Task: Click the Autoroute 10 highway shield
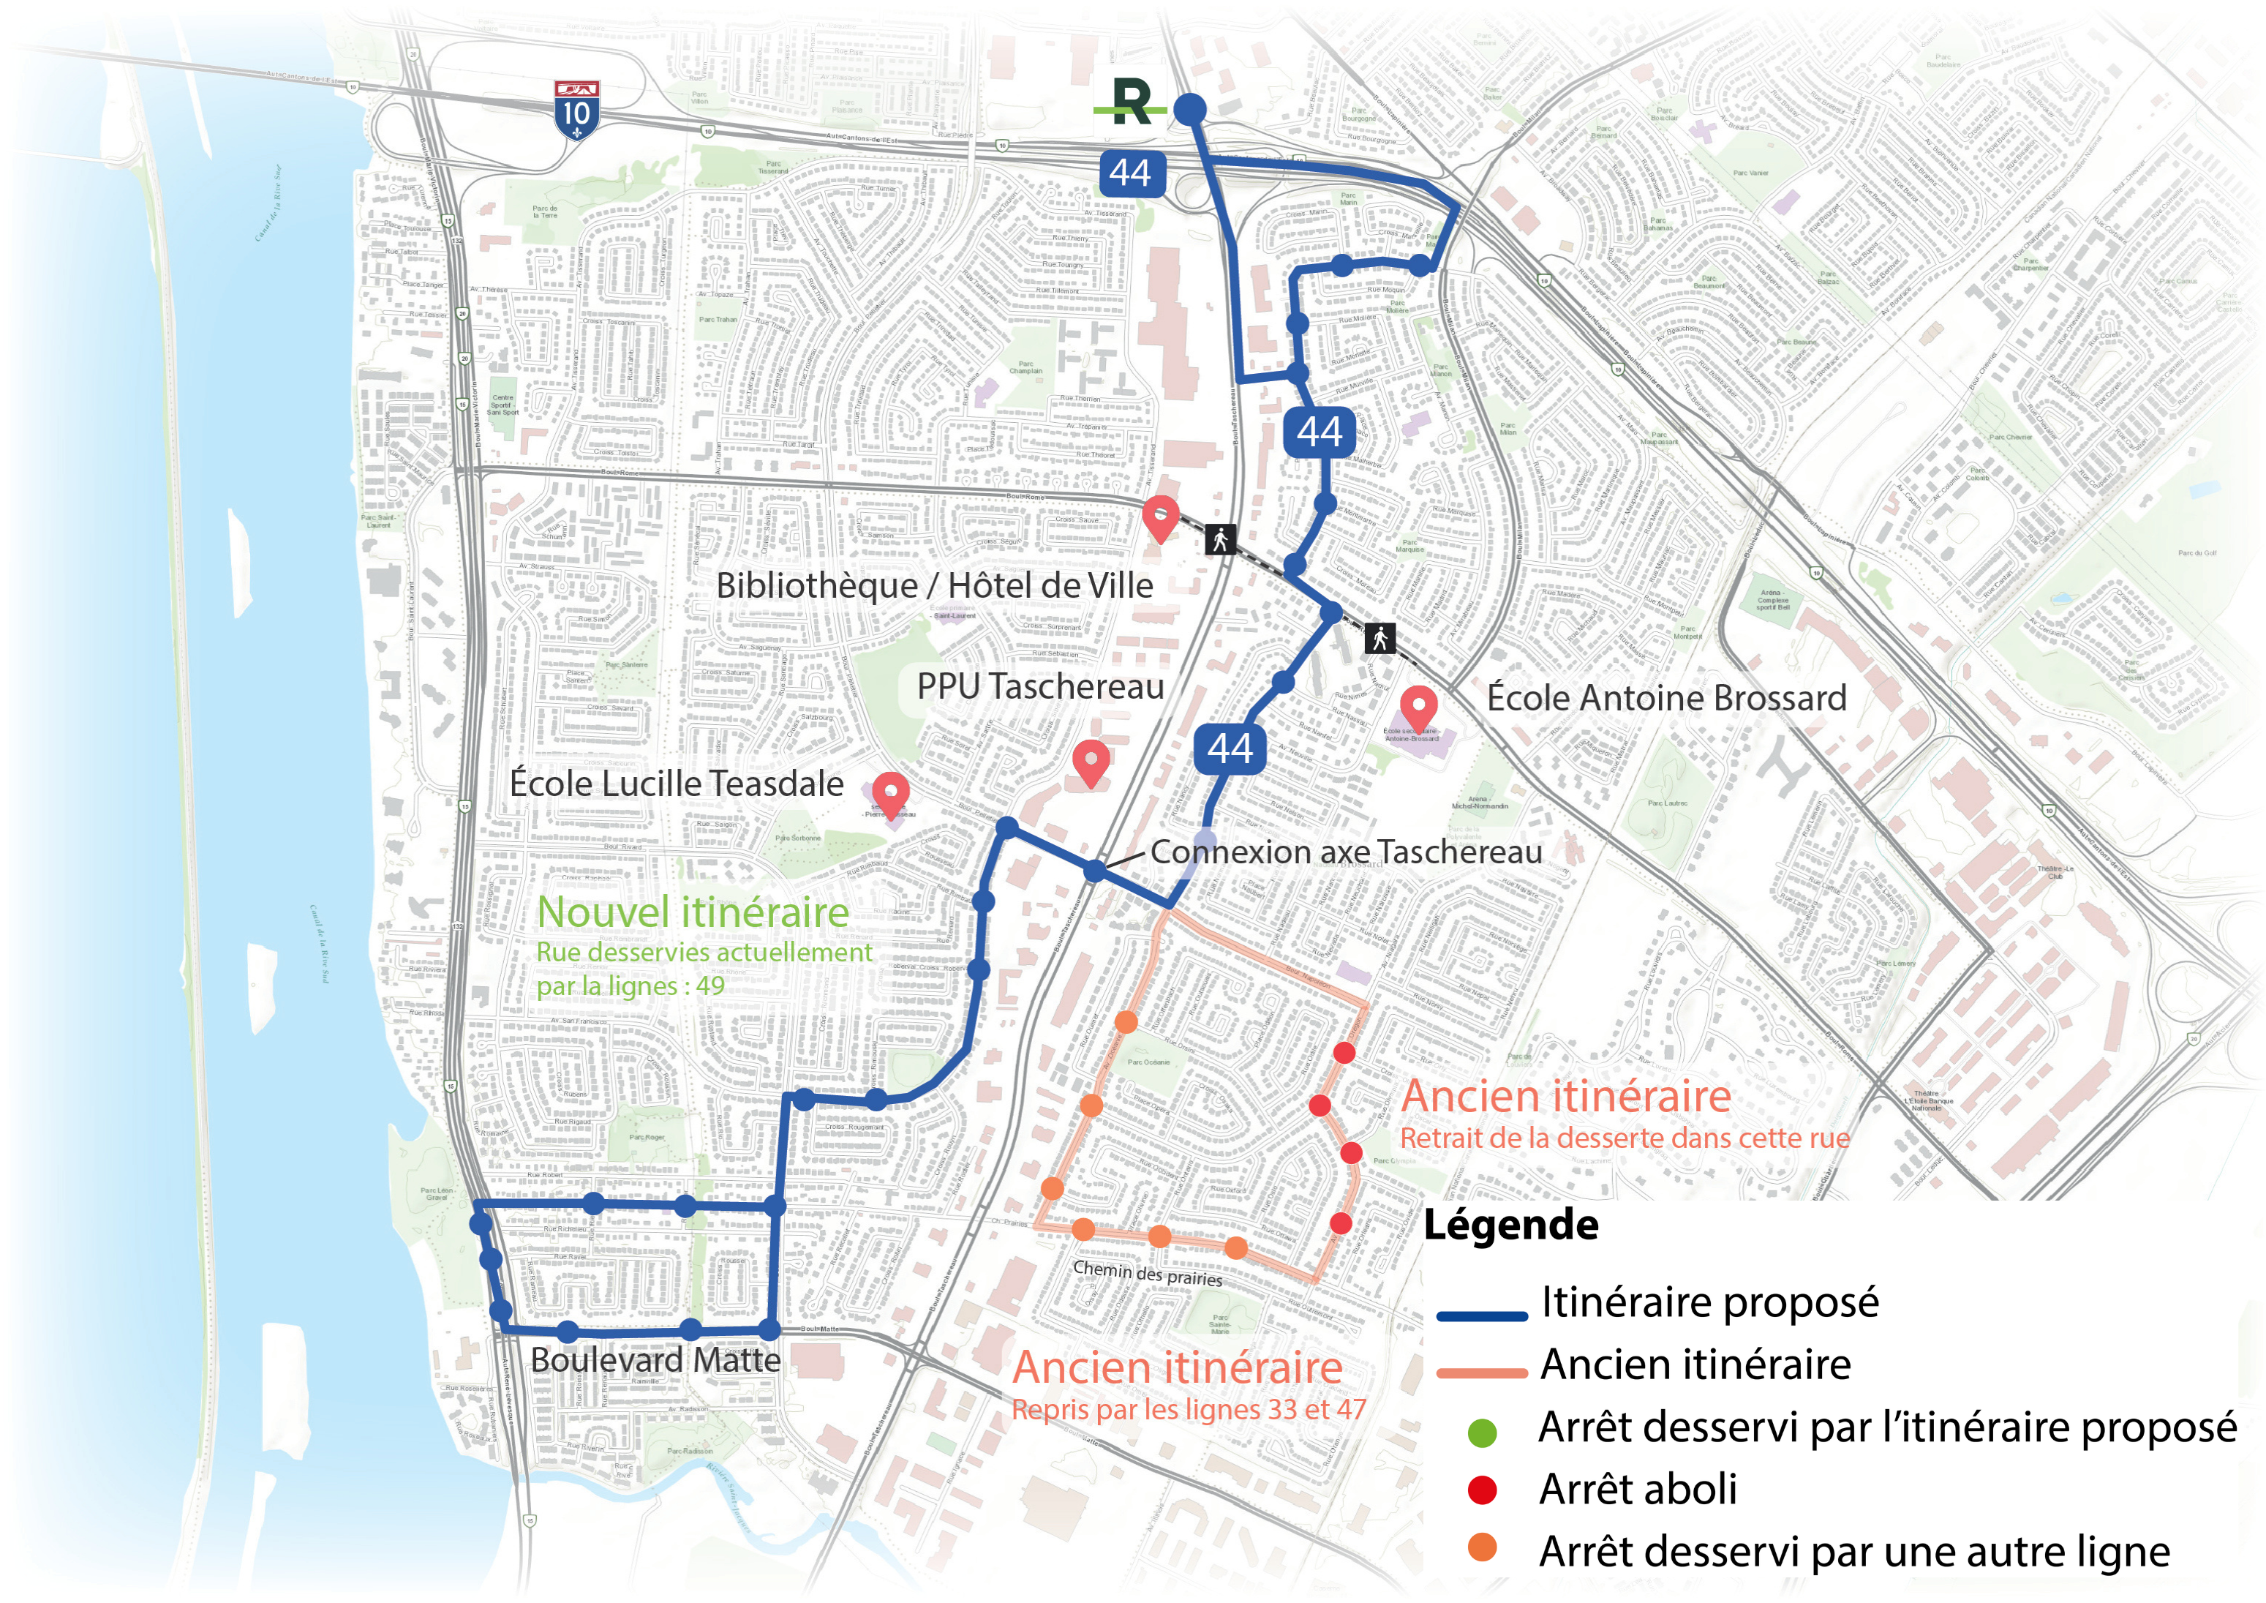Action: tap(576, 110)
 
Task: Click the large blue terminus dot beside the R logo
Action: tap(1189, 108)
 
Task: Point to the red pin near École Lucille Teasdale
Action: tap(890, 795)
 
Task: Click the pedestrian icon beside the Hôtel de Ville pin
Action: tap(1221, 539)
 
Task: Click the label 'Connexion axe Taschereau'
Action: tap(1345, 852)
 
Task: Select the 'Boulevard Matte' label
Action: tap(655, 1360)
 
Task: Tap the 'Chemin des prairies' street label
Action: tap(1147, 1273)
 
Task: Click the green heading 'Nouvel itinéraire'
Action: tap(692, 912)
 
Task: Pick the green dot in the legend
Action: tap(1481, 1433)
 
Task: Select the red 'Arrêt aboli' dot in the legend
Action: tap(1481, 1490)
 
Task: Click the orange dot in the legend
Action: tap(1481, 1547)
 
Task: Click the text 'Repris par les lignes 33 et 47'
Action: tap(1189, 1410)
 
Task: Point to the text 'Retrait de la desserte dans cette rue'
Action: tap(1625, 1138)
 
